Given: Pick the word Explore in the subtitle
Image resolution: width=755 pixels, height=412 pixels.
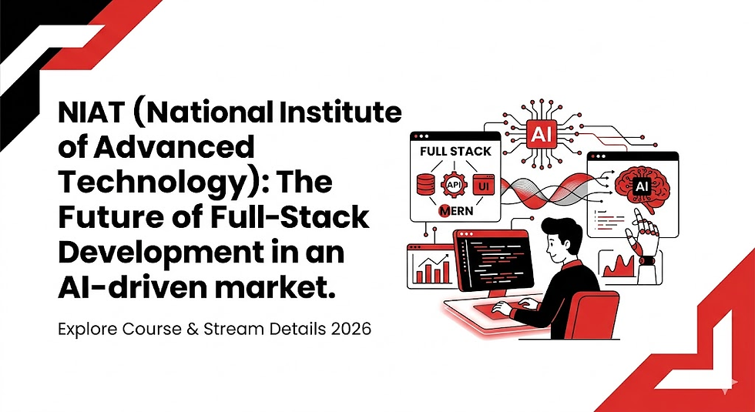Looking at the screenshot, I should (x=86, y=328).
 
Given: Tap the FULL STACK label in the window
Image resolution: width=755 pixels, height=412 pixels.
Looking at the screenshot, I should (x=455, y=152).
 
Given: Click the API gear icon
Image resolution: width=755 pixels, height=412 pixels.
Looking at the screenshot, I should (x=452, y=186).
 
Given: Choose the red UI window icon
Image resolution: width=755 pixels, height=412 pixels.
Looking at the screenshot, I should (x=483, y=185).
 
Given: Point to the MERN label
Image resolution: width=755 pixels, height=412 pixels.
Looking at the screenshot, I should (x=455, y=210).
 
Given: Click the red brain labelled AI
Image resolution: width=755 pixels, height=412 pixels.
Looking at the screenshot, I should (x=639, y=185).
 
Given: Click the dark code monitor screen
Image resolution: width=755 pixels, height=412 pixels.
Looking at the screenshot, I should (x=489, y=266).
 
